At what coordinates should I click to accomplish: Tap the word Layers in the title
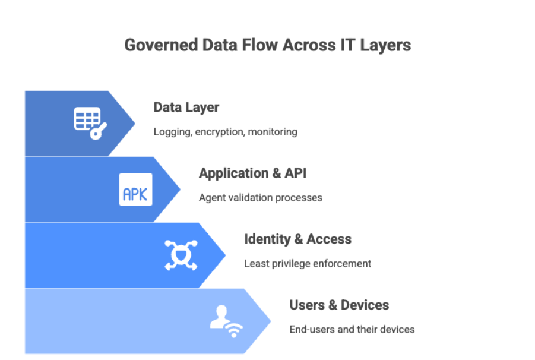tap(387, 46)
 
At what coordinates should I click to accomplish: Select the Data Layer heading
tap(186, 108)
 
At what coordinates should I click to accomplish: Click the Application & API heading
tap(252, 173)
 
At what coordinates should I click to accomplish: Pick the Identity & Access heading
tap(297, 239)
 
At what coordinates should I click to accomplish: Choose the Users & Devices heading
tap(339, 305)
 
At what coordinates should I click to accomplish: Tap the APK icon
tap(135, 190)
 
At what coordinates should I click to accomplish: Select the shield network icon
tap(181, 255)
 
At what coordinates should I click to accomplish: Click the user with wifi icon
tap(226, 321)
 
